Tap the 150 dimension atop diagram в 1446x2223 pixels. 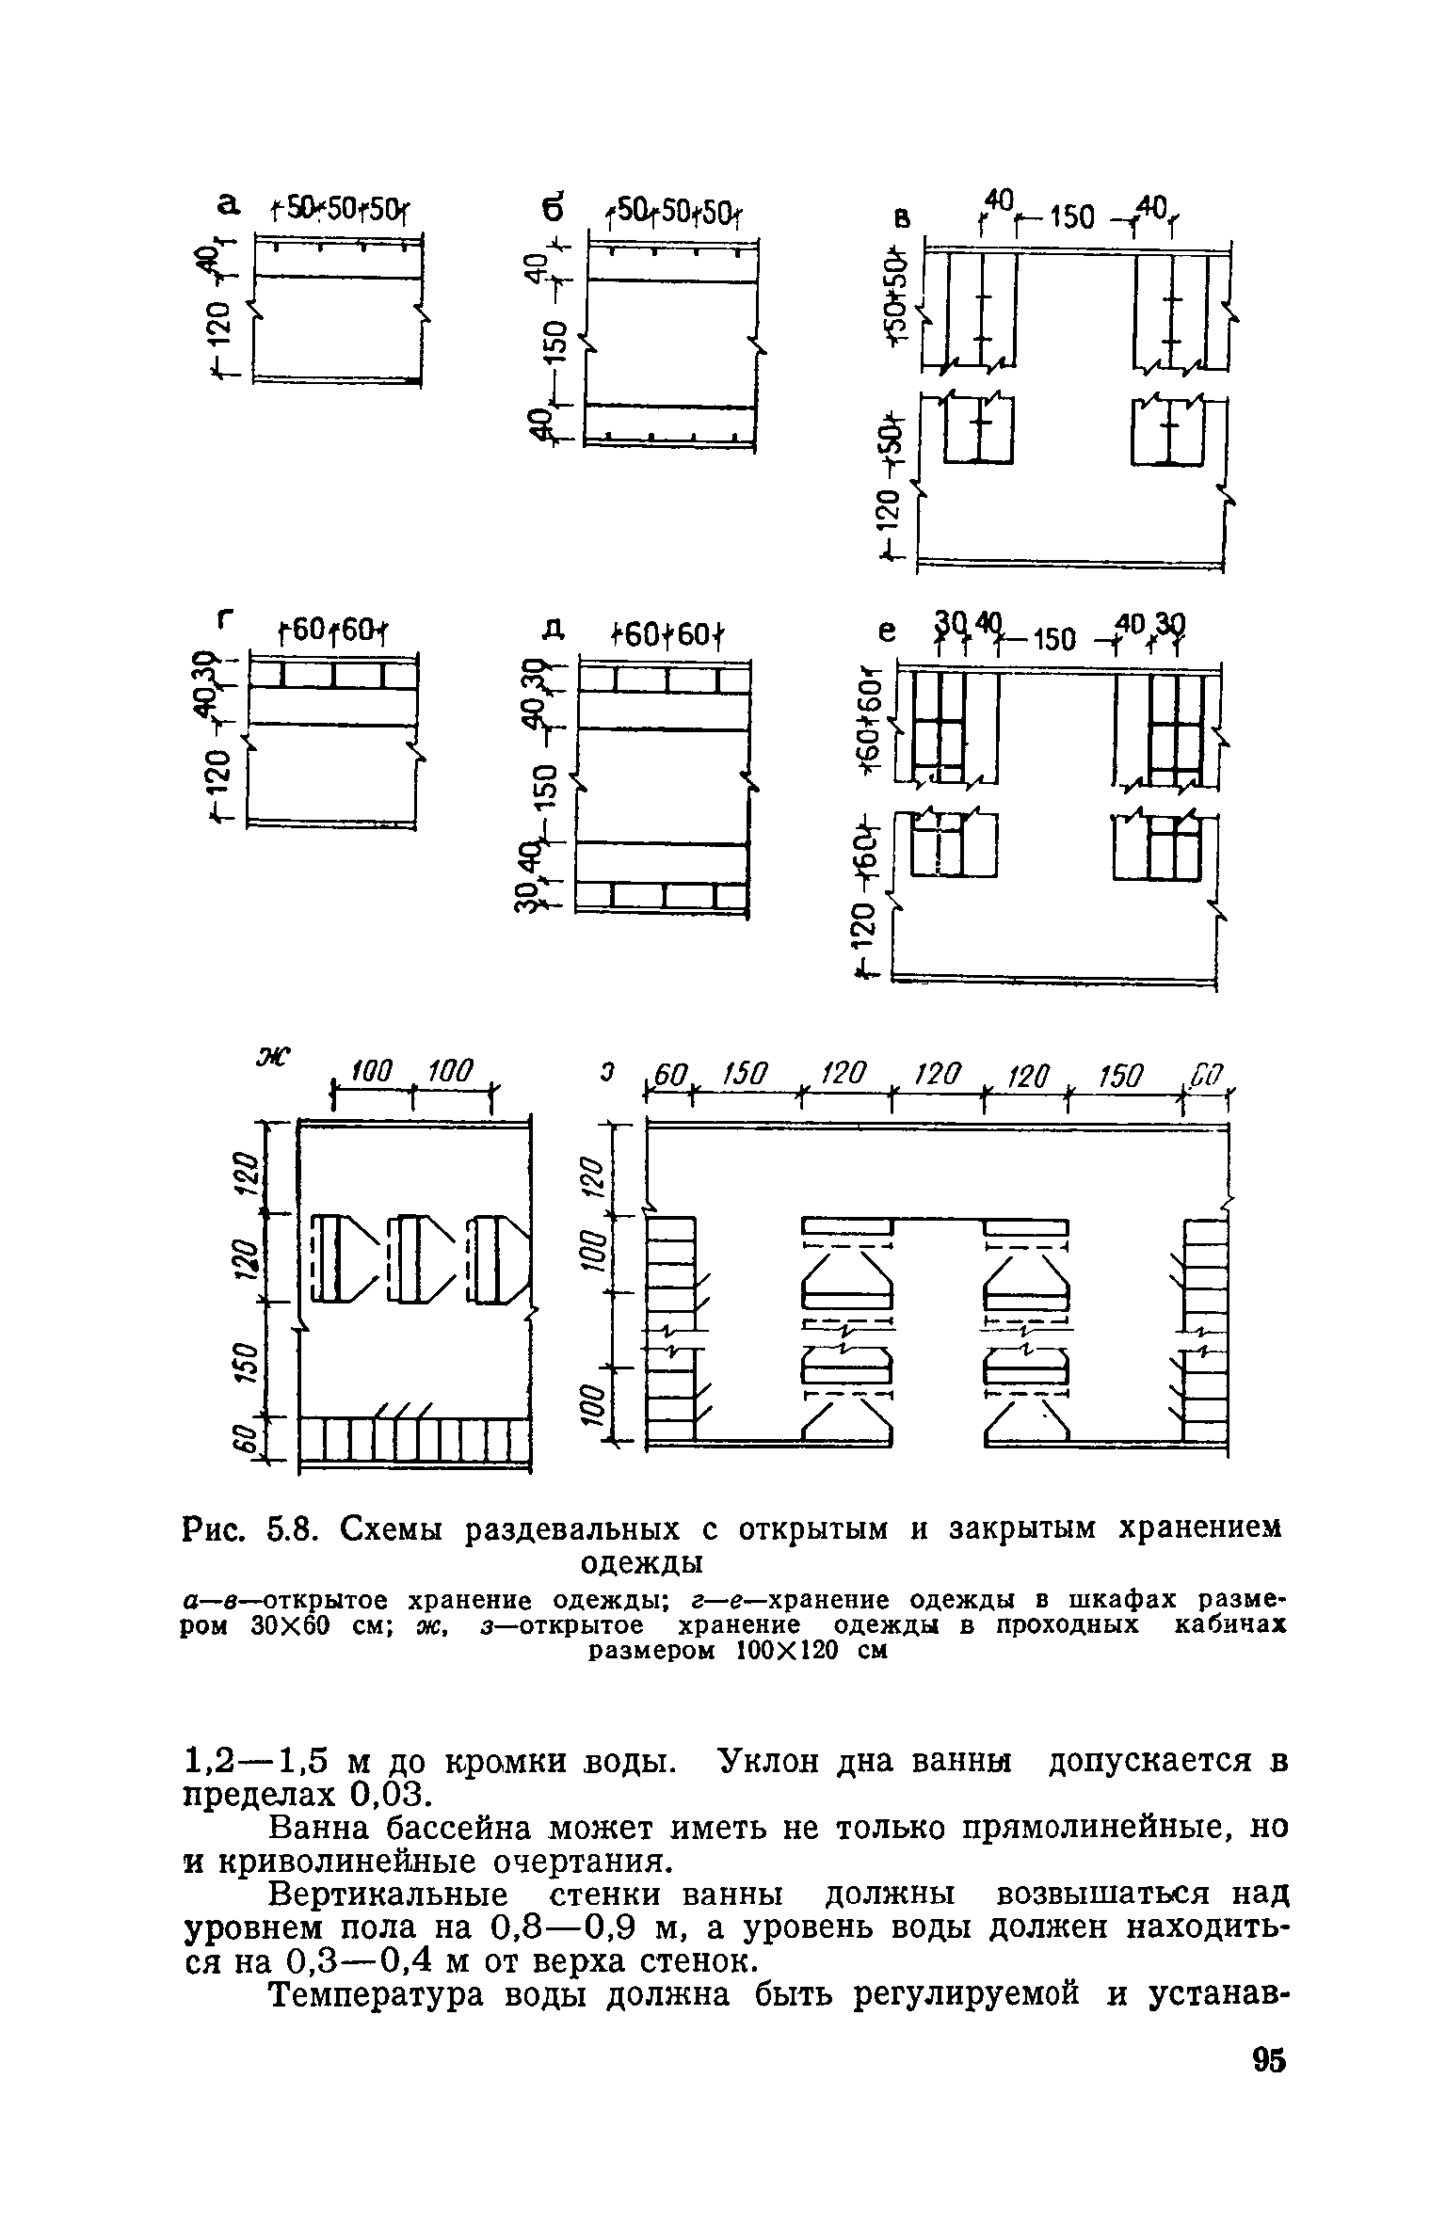[x=1071, y=219]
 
